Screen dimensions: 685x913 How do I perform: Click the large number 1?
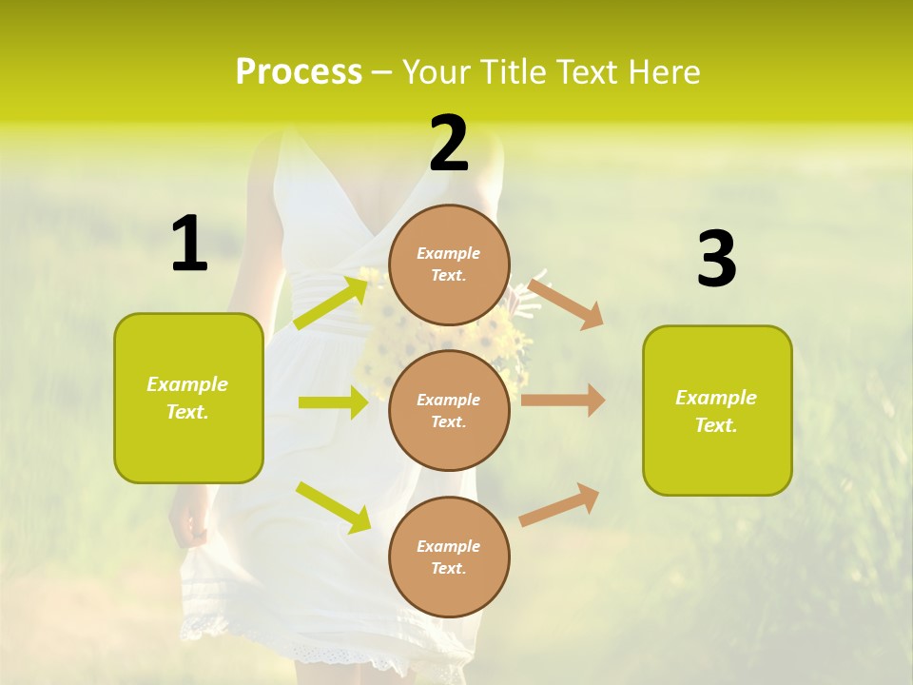(x=189, y=244)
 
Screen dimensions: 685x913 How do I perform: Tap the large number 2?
(x=449, y=145)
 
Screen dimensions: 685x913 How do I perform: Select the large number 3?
(x=716, y=260)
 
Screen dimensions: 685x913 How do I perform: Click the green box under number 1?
(x=188, y=398)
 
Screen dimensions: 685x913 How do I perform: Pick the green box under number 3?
(x=717, y=411)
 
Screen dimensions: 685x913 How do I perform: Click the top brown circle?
(x=449, y=264)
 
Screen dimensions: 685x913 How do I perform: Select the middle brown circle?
(x=449, y=410)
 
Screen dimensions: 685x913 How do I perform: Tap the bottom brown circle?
(x=449, y=557)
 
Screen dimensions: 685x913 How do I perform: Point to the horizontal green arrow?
(x=333, y=402)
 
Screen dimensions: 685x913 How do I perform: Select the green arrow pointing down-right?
(x=333, y=507)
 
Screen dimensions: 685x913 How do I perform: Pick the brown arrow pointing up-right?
(x=560, y=504)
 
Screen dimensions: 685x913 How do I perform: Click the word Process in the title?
(x=299, y=71)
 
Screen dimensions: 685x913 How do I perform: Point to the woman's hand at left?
(x=188, y=525)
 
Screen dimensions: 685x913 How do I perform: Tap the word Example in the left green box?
(x=187, y=384)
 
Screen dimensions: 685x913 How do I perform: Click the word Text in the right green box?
(x=716, y=425)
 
